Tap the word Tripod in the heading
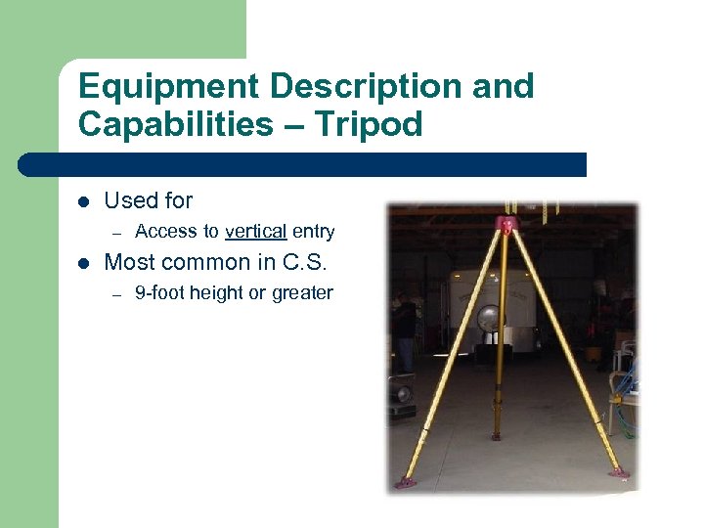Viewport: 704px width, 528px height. [x=372, y=125]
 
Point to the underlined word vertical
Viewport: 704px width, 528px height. [x=255, y=232]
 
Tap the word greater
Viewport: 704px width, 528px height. [x=302, y=292]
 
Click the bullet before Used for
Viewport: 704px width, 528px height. [x=83, y=201]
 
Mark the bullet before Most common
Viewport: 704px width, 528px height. [x=83, y=263]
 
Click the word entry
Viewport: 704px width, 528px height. [x=313, y=232]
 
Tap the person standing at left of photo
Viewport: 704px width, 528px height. [x=404, y=332]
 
